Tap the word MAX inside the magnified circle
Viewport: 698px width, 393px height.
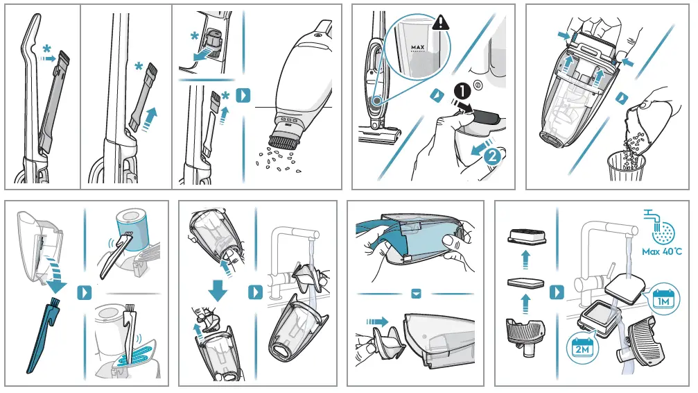pos(417,48)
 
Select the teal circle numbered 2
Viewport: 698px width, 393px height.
pos(491,156)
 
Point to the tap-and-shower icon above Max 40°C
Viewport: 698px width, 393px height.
pos(663,224)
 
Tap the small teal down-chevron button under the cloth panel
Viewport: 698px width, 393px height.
pos(416,294)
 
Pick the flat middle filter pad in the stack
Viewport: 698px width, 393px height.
pos(525,283)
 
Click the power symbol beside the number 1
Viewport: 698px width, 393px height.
pos(478,87)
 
